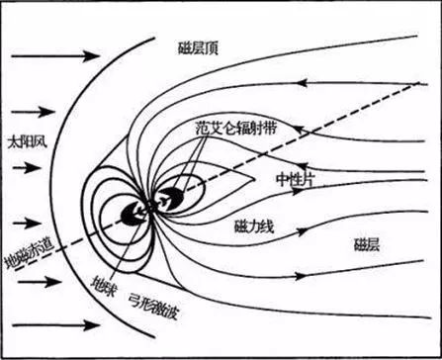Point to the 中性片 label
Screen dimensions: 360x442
click(x=296, y=179)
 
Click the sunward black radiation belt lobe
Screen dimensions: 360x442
click(x=129, y=214)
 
